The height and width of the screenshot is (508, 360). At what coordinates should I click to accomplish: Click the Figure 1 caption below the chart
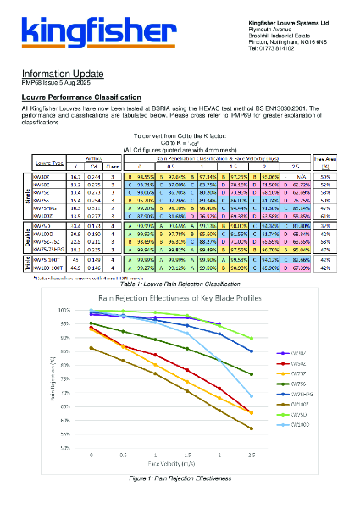click(x=180, y=478)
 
